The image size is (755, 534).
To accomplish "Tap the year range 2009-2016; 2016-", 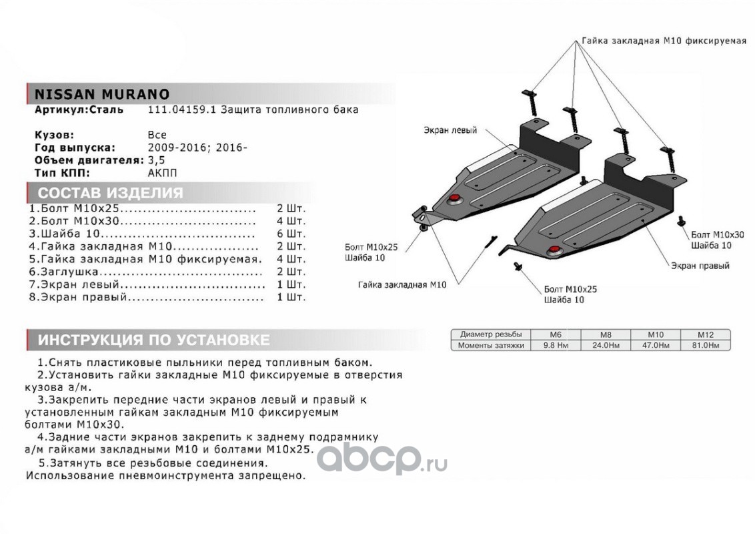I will (x=197, y=147).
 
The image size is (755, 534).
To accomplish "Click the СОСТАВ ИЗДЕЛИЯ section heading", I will (x=109, y=194).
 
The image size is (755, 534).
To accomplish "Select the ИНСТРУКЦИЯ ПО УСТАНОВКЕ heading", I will (x=153, y=340).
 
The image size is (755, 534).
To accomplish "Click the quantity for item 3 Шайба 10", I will (x=291, y=234).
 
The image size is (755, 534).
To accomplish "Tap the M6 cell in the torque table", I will (x=555, y=334).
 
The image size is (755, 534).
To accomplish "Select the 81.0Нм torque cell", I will (x=705, y=345).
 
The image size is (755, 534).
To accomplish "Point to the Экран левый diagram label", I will (x=450, y=131).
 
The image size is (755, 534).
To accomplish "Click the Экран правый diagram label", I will (x=700, y=266).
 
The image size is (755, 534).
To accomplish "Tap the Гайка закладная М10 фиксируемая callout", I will (x=663, y=41).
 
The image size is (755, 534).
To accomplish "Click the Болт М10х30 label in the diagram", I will (x=717, y=235).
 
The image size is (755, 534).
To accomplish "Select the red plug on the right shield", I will (x=553, y=250).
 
